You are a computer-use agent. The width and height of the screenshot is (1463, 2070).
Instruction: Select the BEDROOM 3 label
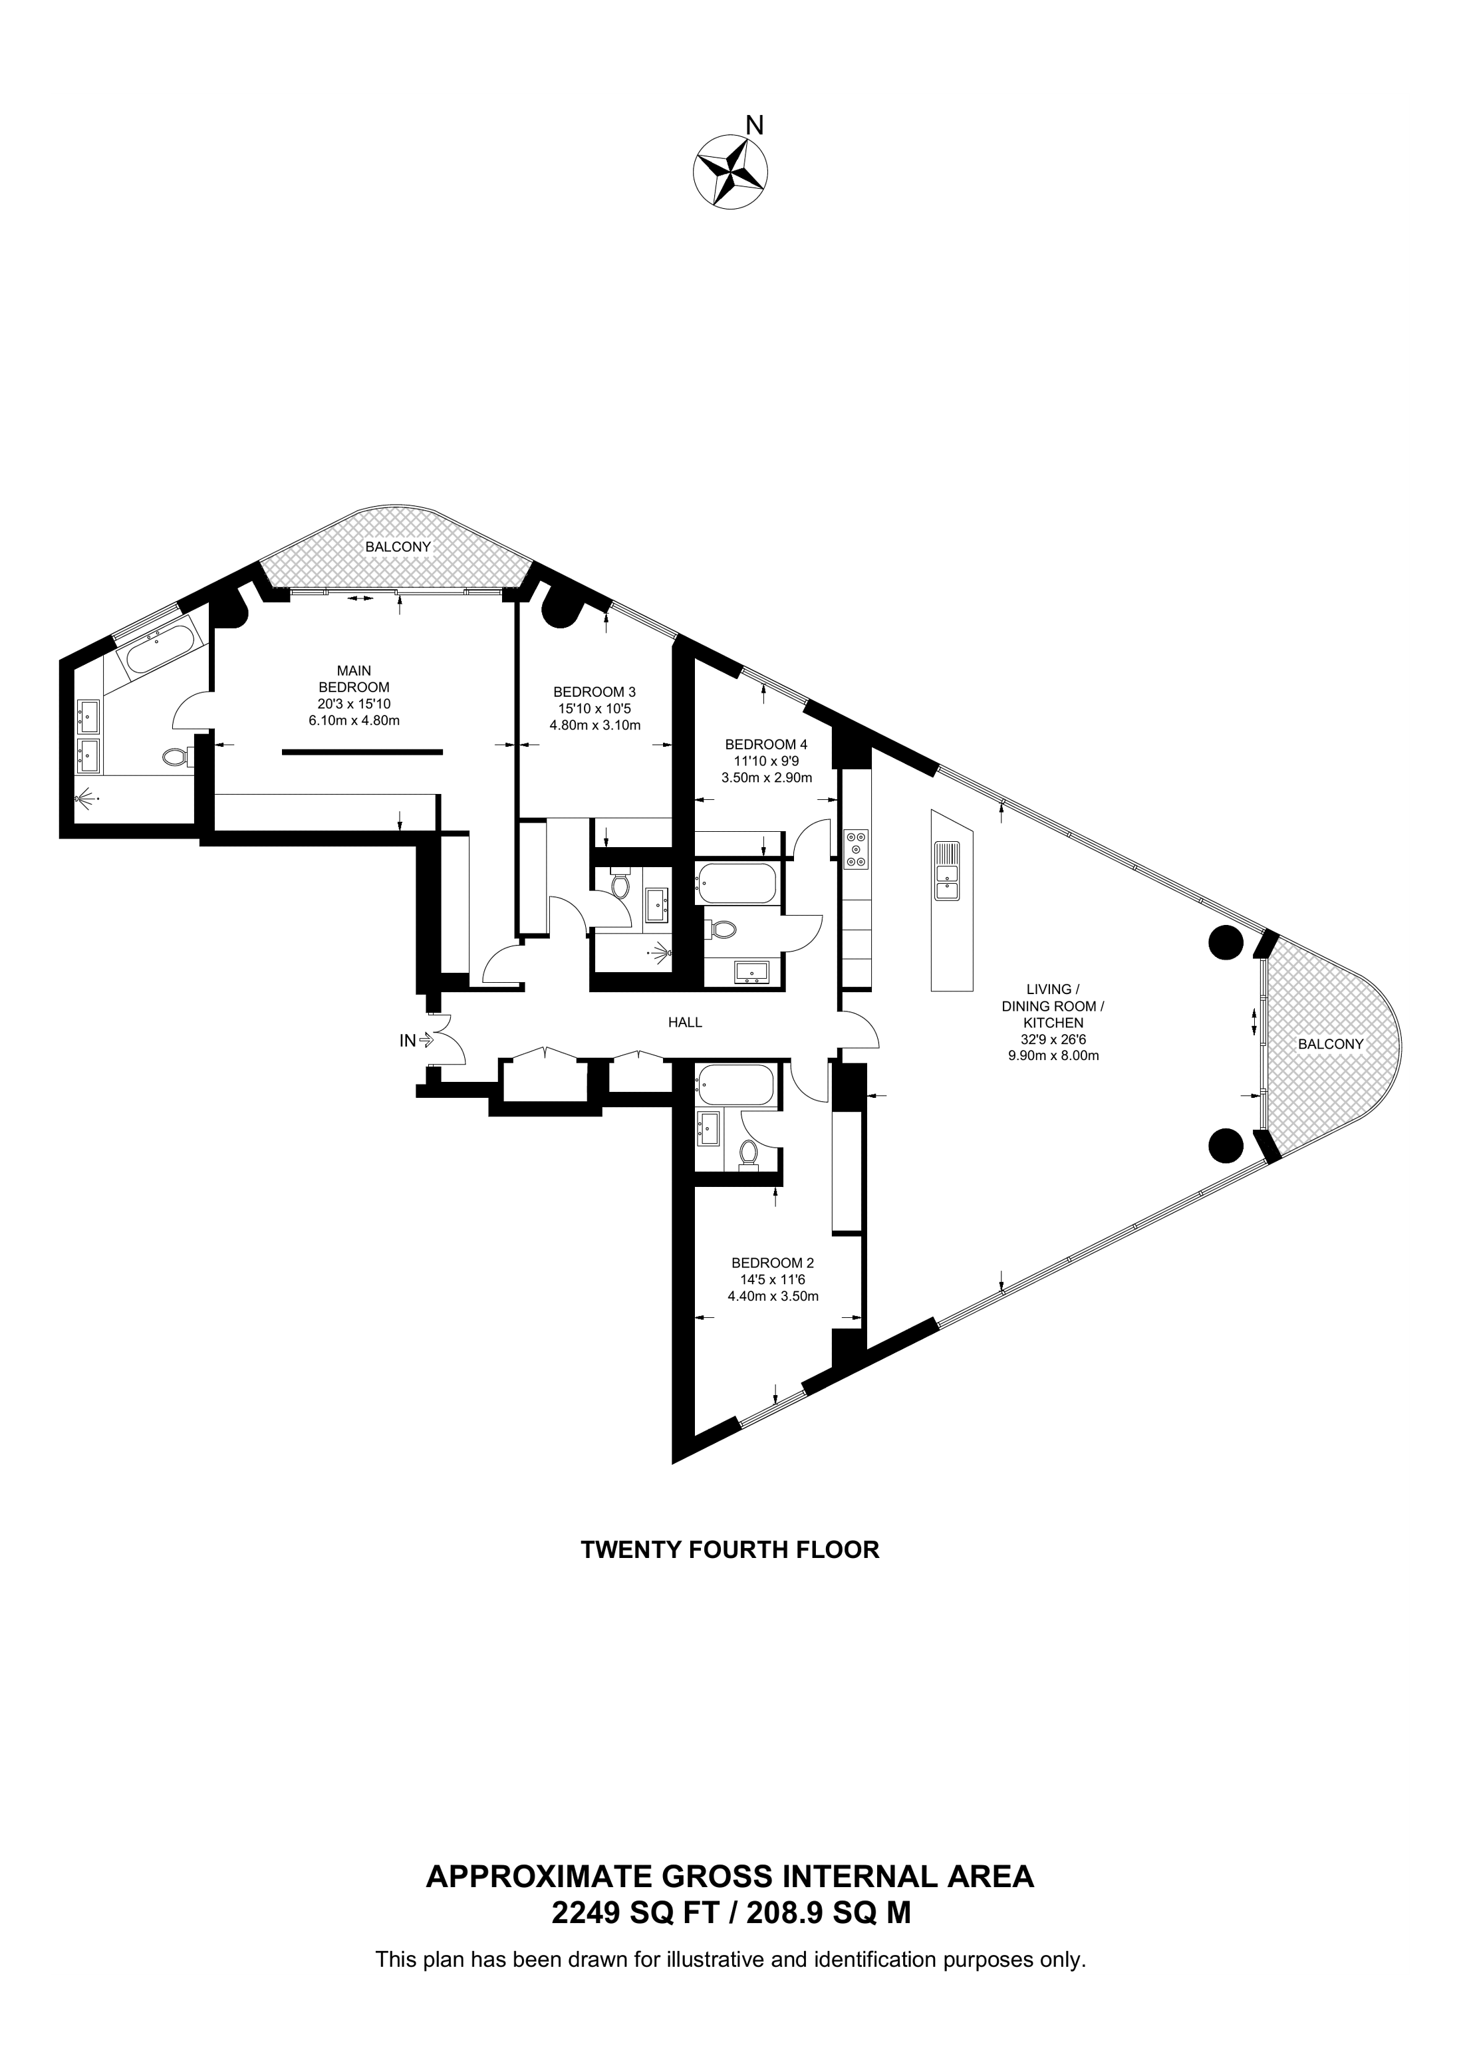pos(594,692)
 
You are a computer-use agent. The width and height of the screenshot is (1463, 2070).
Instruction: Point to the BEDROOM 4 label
pos(766,744)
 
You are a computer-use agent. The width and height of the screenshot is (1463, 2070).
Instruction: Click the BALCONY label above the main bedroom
pos(398,547)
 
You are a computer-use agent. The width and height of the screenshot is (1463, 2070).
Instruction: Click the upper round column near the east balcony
pos(1224,944)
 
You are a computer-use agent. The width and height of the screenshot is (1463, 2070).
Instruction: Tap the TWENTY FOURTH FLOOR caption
pos(730,1550)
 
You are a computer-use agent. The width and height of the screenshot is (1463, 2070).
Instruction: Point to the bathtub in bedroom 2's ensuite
pos(735,1087)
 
